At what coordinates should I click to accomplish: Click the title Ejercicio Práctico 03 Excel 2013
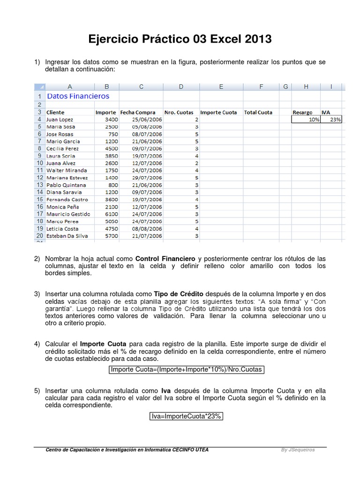click(180, 39)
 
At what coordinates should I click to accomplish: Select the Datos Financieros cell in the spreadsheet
click(78, 96)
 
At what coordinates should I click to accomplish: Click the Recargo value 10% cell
click(306, 120)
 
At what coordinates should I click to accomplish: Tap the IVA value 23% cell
click(331, 120)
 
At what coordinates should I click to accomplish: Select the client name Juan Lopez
click(60, 120)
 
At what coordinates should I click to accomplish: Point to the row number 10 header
click(39, 163)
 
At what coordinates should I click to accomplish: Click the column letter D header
click(181, 86)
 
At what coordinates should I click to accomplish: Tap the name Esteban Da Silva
click(67, 236)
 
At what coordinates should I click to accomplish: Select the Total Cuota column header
click(258, 112)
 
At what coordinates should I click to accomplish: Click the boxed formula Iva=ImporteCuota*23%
click(186, 416)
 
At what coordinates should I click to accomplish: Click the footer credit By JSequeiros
click(298, 450)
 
